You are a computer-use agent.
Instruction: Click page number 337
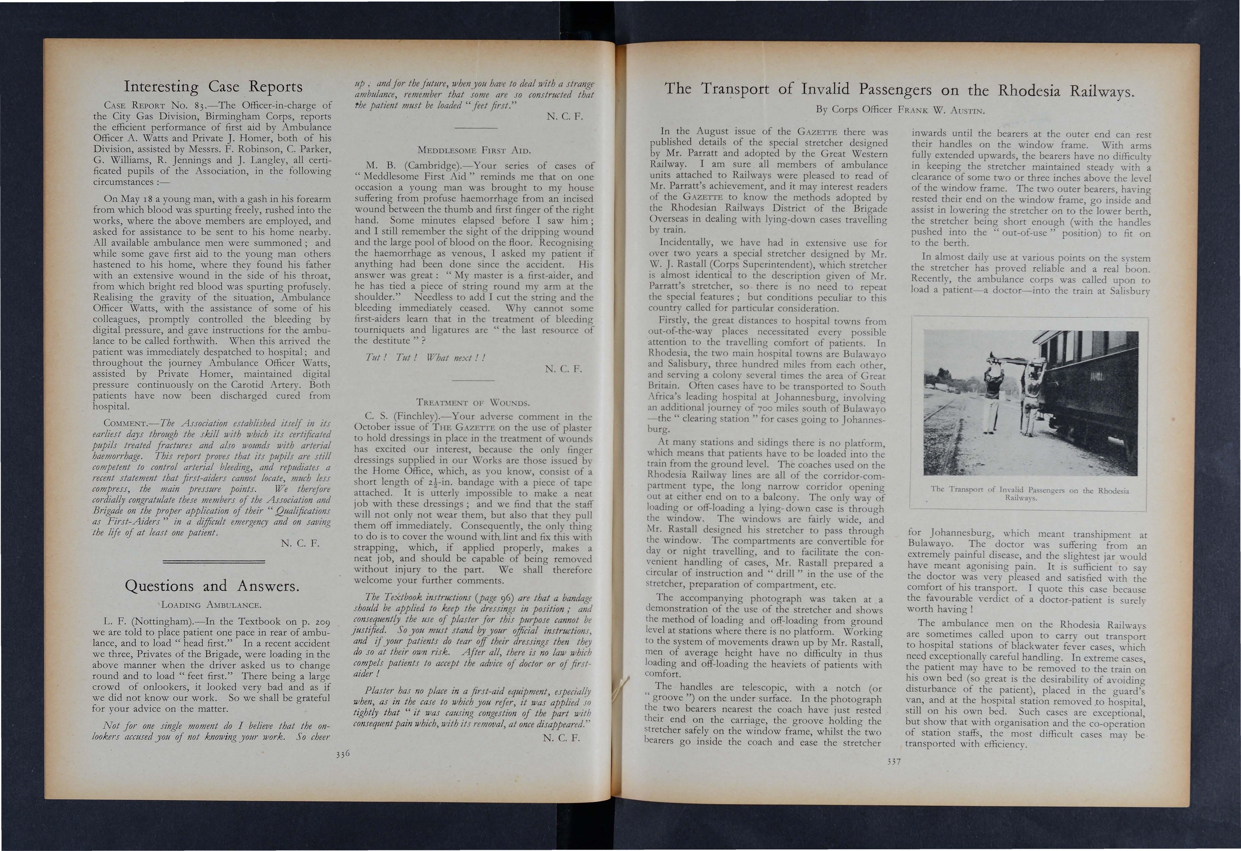pyautogui.click(x=892, y=762)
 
